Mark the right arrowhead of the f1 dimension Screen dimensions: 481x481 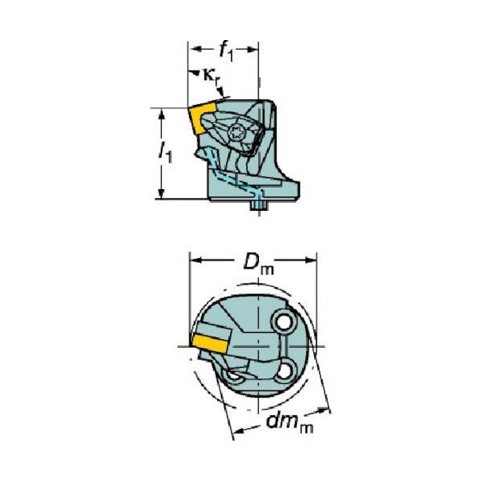tap(254, 50)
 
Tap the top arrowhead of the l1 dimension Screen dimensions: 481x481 tap(163, 112)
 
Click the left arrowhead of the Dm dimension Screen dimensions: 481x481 tap(195, 260)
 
